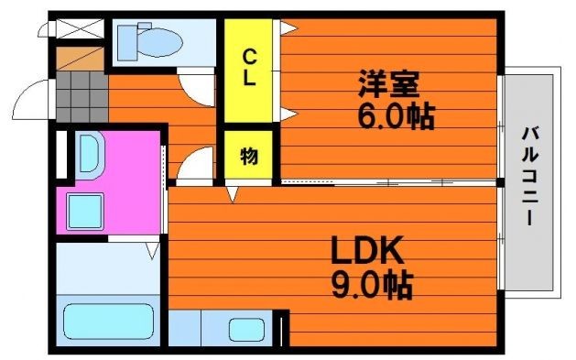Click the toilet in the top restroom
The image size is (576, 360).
[x=149, y=41]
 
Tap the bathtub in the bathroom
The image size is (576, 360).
[x=108, y=322]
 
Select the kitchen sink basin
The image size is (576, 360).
[x=247, y=329]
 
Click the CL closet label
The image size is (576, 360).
[x=249, y=68]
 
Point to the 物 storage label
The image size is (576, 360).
[x=249, y=156]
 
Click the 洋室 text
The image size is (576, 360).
[x=389, y=83]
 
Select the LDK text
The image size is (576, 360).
[x=368, y=250]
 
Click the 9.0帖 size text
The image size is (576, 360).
[x=372, y=285]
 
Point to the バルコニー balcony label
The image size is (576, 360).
[x=530, y=176]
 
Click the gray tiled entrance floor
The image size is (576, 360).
[x=82, y=96]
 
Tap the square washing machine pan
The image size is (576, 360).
[x=85, y=211]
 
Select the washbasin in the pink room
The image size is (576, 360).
[x=90, y=155]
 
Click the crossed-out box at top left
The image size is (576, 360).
[x=81, y=28]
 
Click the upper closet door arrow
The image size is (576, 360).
[x=288, y=27]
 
